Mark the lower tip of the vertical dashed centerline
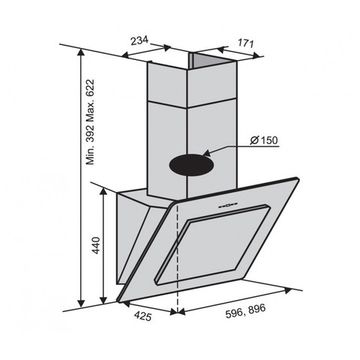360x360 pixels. pos(178,318)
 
